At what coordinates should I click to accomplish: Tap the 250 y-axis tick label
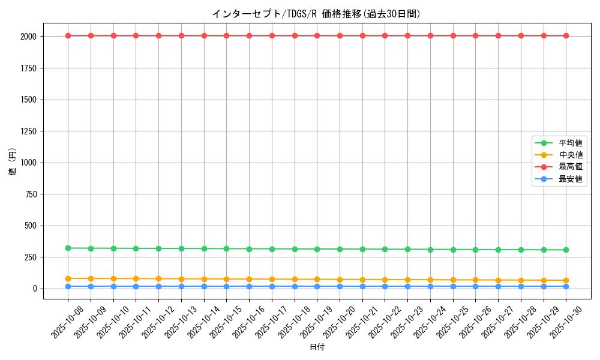[30, 257]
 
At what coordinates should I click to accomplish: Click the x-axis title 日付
[317, 347]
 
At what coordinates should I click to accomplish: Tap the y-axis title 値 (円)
[13, 163]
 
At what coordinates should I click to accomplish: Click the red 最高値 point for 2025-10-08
[68, 35]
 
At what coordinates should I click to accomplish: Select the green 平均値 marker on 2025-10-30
[566, 250]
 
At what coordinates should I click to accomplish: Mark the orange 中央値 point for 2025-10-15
[226, 279]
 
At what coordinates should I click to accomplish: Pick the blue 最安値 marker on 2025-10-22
[385, 286]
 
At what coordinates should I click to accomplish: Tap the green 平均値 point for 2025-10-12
[158, 248]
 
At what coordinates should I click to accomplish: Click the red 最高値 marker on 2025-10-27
[498, 35]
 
